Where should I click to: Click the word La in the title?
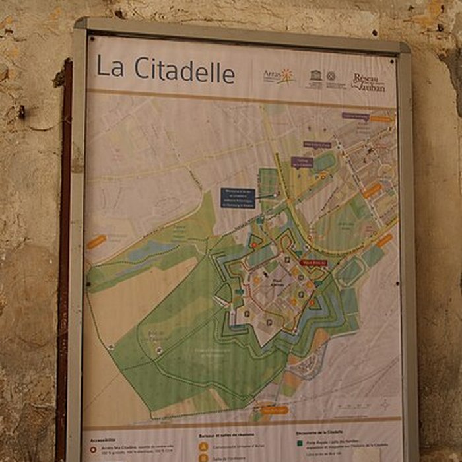pos(110,67)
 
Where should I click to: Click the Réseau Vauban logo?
pos(368,82)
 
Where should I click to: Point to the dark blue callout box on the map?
pos(238,198)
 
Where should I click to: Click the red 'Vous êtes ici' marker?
pos(314,262)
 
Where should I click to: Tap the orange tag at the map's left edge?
pos(96,242)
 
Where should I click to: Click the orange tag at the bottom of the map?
pos(274,410)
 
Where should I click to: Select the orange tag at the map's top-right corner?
pos(381,119)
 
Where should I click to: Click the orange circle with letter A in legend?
pos(203,447)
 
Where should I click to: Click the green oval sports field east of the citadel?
pos(350,271)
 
